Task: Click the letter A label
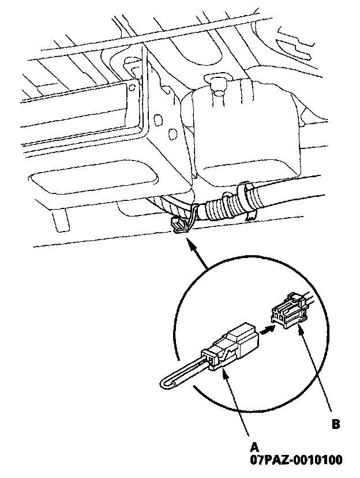coord(254,446)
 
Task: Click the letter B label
coord(336,424)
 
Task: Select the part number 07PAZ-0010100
coord(296,460)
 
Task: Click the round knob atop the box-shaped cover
coord(218,83)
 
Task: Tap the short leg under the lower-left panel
coord(59,219)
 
